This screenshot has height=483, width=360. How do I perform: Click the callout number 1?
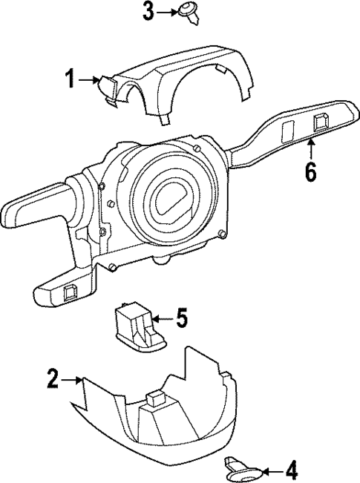click(x=71, y=79)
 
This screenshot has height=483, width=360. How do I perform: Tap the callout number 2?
click(x=52, y=379)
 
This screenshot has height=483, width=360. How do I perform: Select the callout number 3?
click(x=148, y=11)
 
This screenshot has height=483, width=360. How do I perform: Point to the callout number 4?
click(x=291, y=470)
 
